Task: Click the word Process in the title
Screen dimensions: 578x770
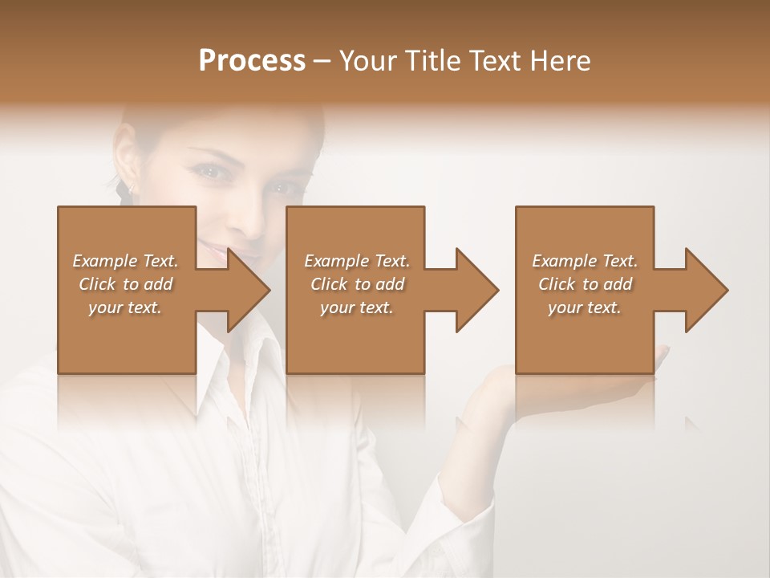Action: click(252, 61)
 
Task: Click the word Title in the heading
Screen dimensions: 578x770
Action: click(432, 61)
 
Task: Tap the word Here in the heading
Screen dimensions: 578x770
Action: click(558, 61)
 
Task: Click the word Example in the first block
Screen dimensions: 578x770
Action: click(103, 261)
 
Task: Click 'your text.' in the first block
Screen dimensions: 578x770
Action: click(125, 307)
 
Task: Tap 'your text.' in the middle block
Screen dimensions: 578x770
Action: click(357, 307)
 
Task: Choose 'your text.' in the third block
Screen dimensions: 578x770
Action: click(585, 307)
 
